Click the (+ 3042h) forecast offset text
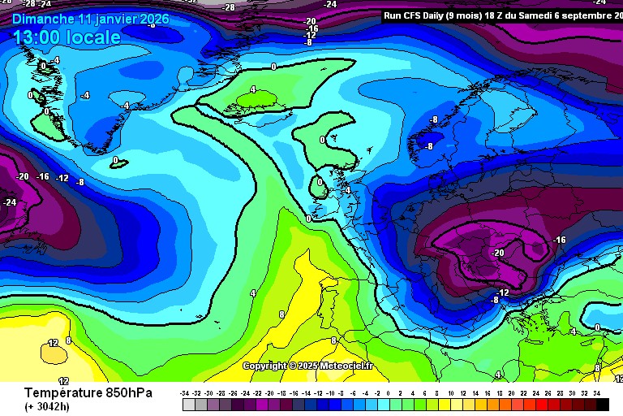[x=47, y=406]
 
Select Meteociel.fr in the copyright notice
[x=344, y=366]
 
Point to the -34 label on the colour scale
[x=185, y=393]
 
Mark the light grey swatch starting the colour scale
[x=186, y=404]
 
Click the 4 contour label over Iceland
[x=253, y=89]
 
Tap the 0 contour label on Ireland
[x=320, y=182]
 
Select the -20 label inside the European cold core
[x=497, y=253]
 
